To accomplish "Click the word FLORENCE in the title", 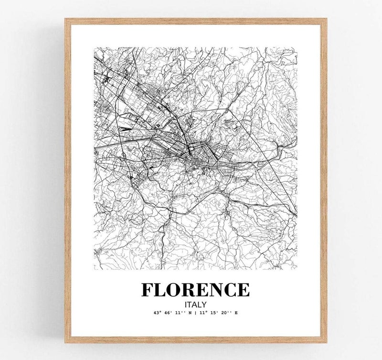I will [x=195, y=290].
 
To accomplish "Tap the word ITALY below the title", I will [x=195, y=303].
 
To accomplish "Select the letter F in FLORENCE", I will [x=149, y=290].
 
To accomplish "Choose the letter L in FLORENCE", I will [x=162, y=290].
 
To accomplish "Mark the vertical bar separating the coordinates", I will [x=195, y=313].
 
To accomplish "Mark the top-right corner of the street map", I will [x=297, y=47].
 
